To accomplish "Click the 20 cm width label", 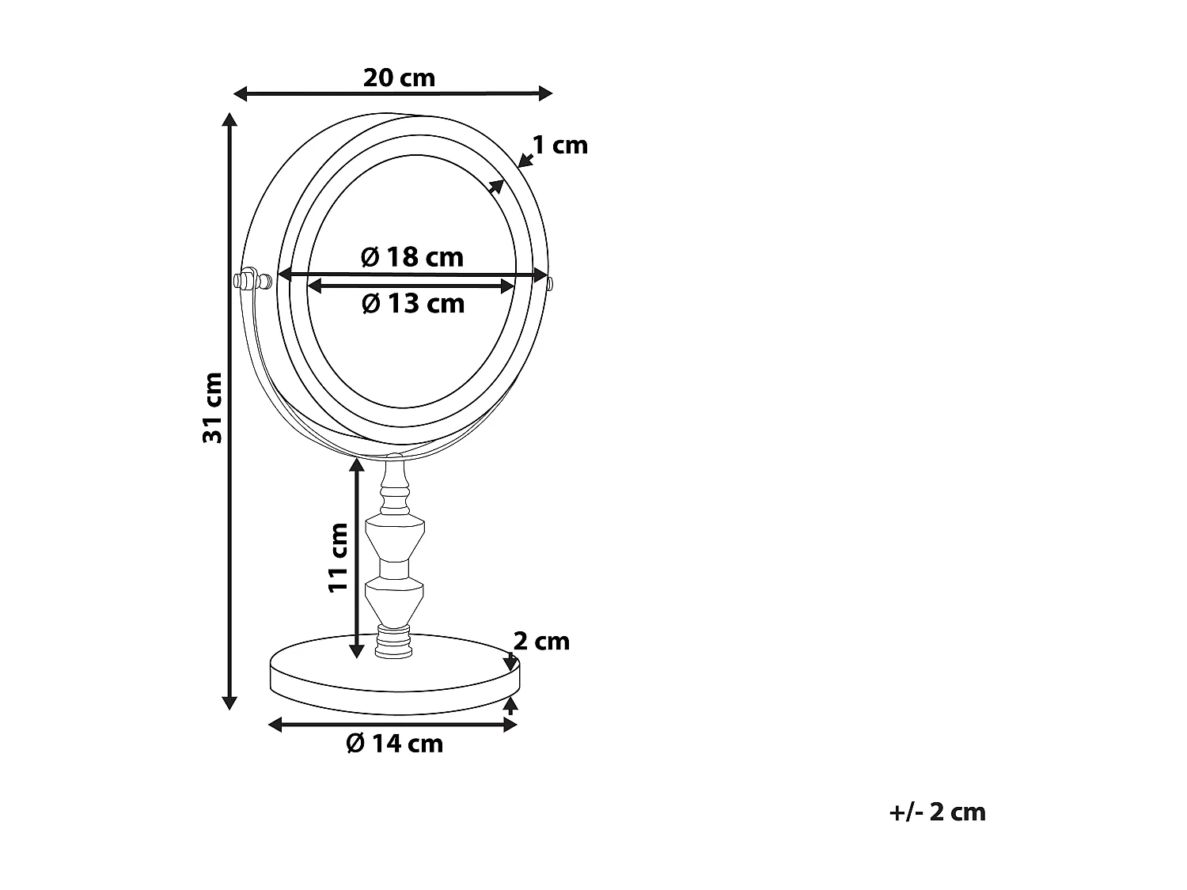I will tap(399, 78).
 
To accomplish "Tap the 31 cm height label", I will tap(212, 407).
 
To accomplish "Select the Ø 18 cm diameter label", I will tap(411, 257).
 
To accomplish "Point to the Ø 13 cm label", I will tap(412, 303).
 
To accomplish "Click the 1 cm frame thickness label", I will tap(559, 145).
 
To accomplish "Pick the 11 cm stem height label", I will tap(338, 557).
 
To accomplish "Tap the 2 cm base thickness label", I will tap(541, 641).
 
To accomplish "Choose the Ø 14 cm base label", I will tap(394, 743).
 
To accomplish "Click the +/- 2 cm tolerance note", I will tap(938, 812).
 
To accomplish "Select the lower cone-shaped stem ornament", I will tap(395, 600).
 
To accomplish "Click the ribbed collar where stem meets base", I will tap(395, 640).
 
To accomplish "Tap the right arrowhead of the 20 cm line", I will tap(545, 93).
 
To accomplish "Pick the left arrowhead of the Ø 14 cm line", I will tap(275, 725).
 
